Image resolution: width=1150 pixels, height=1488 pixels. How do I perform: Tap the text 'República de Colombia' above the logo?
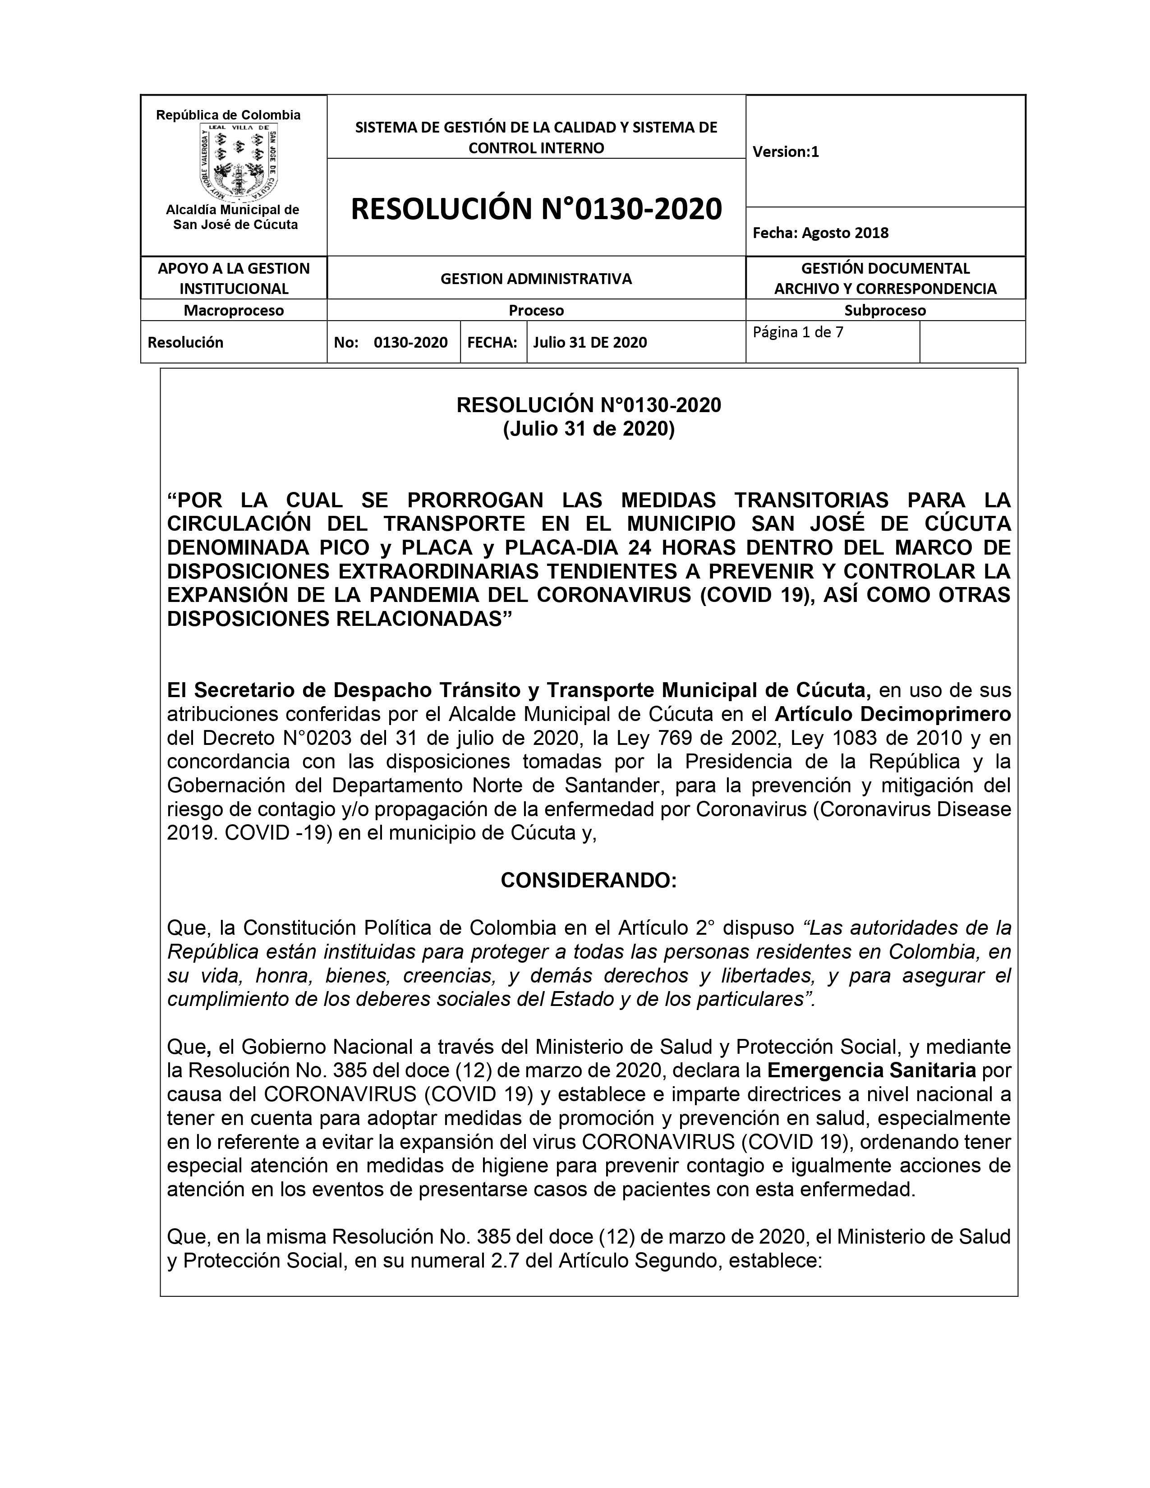(x=228, y=115)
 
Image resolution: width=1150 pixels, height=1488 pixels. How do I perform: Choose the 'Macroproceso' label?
(x=234, y=311)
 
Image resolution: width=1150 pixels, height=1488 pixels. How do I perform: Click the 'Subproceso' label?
(x=885, y=311)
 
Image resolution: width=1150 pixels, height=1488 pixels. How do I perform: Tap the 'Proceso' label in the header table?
(x=536, y=311)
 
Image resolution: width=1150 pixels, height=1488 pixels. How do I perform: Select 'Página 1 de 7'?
(x=798, y=332)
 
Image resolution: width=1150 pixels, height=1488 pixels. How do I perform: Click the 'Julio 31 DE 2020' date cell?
(x=590, y=342)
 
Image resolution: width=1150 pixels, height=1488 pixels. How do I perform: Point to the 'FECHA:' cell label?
(x=492, y=342)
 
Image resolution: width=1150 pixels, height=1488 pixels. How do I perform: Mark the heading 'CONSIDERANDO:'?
(x=589, y=880)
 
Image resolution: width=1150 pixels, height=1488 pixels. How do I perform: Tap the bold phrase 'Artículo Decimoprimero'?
(x=892, y=714)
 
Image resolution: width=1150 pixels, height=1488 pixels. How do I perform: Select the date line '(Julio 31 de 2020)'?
(x=589, y=429)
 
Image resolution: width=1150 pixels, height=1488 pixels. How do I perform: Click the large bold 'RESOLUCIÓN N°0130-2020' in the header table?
(x=536, y=208)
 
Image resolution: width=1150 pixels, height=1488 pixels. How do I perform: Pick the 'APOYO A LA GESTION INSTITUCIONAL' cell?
(x=234, y=278)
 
